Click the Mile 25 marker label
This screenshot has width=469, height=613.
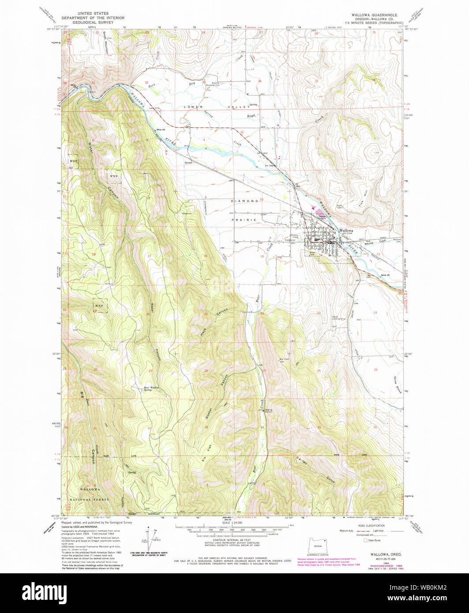click(x=386, y=275)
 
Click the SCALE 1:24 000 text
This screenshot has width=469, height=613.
click(x=234, y=523)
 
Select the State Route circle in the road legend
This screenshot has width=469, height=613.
click(x=365, y=540)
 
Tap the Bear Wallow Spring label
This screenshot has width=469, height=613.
click(x=151, y=389)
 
